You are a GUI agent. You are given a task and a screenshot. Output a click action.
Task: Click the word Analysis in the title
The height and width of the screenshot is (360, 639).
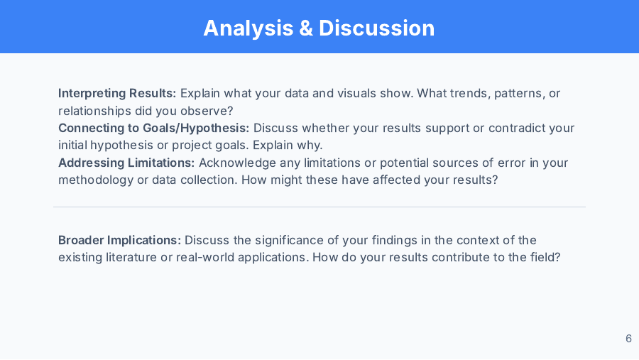coord(248,28)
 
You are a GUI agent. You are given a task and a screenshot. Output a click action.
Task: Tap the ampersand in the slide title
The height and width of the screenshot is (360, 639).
coord(306,28)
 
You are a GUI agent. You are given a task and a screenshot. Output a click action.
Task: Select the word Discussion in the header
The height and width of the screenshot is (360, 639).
coord(376,28)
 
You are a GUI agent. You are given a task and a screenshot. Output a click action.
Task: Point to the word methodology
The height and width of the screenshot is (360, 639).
coord(96,180)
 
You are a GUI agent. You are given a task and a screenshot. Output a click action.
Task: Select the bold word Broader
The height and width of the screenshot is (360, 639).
coord(81,240)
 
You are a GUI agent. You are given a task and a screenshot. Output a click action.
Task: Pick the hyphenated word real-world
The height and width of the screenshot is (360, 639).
coord(205,257)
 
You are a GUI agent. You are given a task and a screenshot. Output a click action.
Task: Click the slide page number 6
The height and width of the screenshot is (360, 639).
coord(629,339)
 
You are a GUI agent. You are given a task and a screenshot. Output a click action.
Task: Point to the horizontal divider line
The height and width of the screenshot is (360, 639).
coord(319,207)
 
